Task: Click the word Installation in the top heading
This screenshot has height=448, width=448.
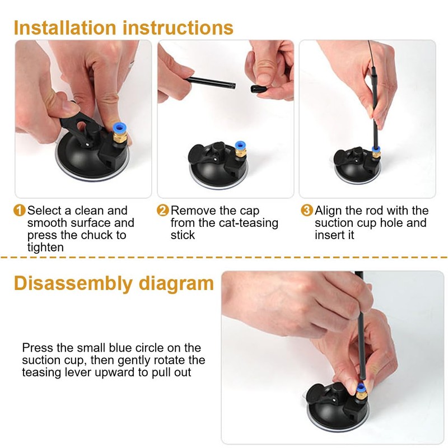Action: click(x=65, y=27)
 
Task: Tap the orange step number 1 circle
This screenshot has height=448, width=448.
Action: click(x=20, y=211)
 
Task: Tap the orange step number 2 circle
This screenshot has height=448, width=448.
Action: click(x=163, y=211)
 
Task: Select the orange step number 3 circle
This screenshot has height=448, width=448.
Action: click(x=307, y=211)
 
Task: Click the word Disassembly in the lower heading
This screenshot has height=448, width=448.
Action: click(x=73, y=284)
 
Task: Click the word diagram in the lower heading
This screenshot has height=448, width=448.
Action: click(x=176, y=284)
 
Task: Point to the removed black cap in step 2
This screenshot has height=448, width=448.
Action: click(x=259, y=89)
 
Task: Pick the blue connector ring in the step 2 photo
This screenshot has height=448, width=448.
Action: click(x=240, y=145)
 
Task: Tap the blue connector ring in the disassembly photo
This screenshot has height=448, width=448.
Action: click(x=361, y=388)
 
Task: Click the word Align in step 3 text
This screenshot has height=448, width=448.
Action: click(x=328, y=211)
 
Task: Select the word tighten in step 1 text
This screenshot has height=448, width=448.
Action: click(x=45, y=248)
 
